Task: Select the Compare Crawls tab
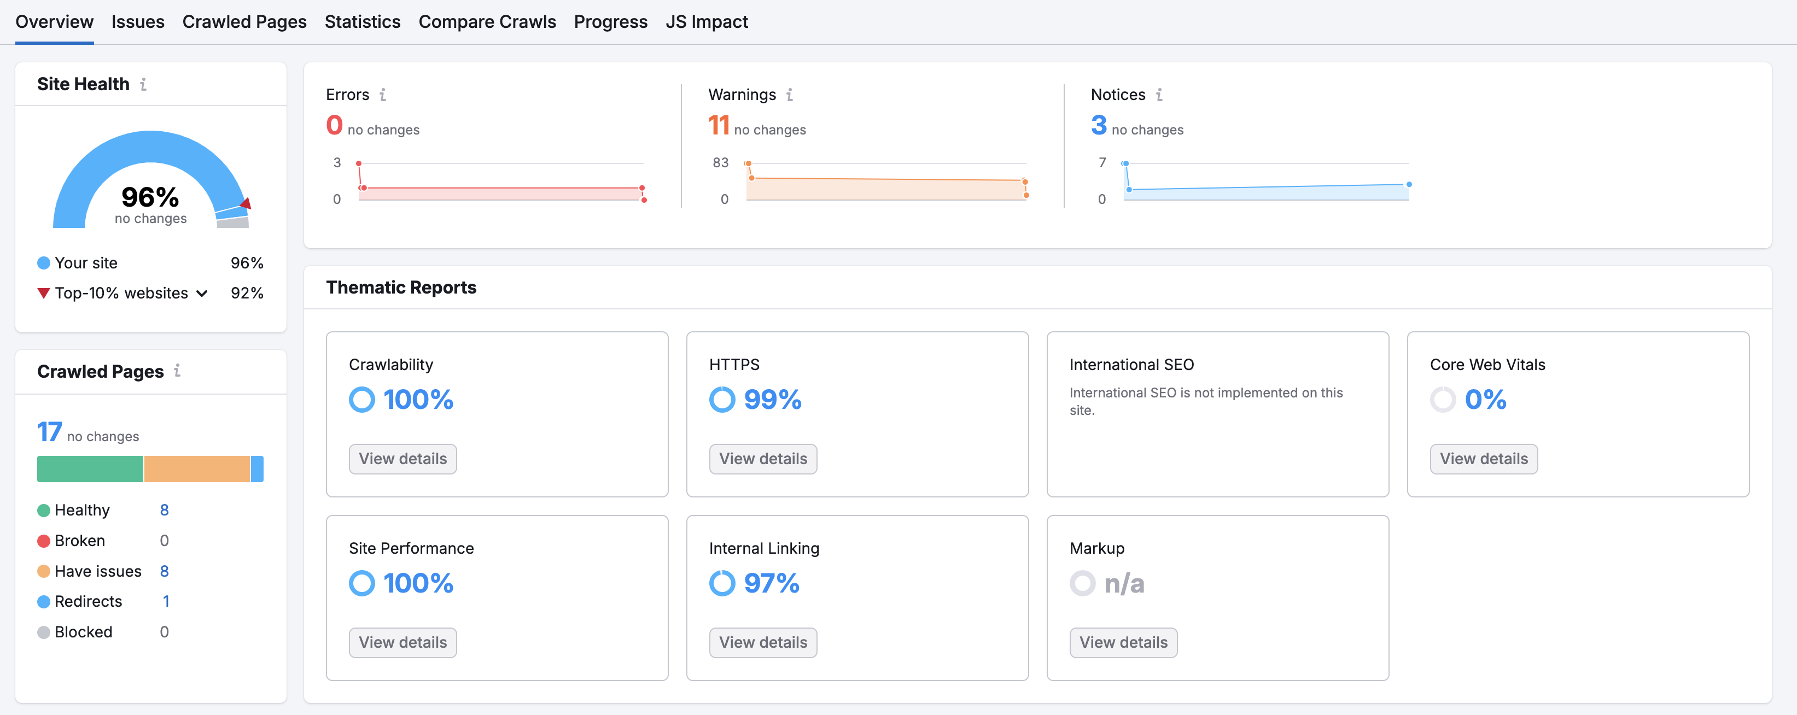[x=487, y=22]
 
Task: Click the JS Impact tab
[x=707, y=22]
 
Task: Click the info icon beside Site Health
[x=143, y=84]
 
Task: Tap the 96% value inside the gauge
[x=150, y=197]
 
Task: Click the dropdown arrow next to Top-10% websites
[x=202, y=294]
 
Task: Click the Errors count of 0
[x=335, y=126]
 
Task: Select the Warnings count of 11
[x=719, y=126]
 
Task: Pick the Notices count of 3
[x=1099, y=126]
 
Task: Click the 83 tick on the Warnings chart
[x=721, y=162]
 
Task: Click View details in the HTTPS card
[x=763, y=459]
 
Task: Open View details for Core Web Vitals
[x=1484, y=459]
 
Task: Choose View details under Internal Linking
[x=763, y=642]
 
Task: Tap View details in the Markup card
[x=1123, y=642]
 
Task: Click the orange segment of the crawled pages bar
[x=197, y=469]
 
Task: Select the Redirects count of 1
[x=166, y=601]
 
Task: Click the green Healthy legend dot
[x=43, y=510]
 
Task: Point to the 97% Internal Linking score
[x=772, y=583]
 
